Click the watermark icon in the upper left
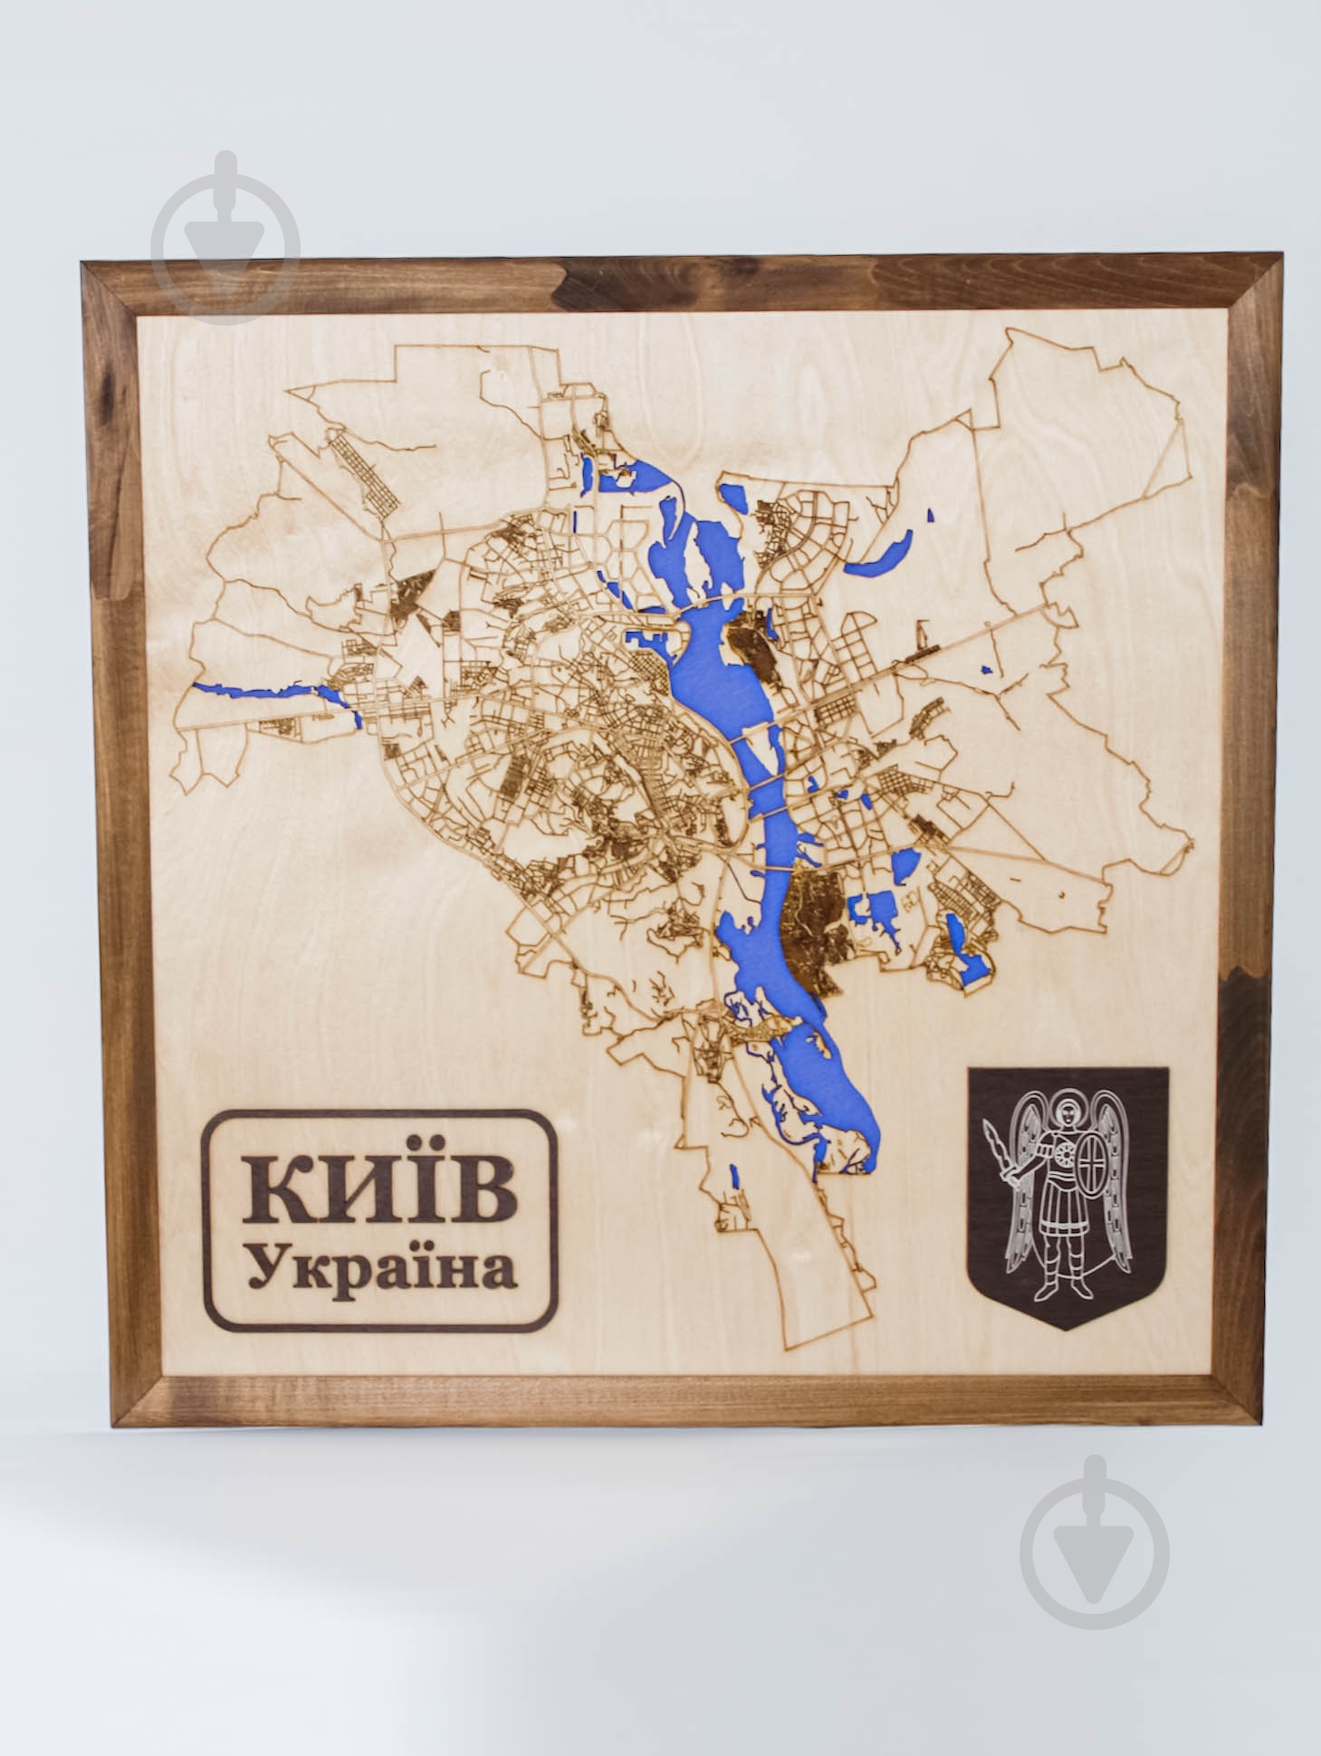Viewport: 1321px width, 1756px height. pos(225,238)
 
